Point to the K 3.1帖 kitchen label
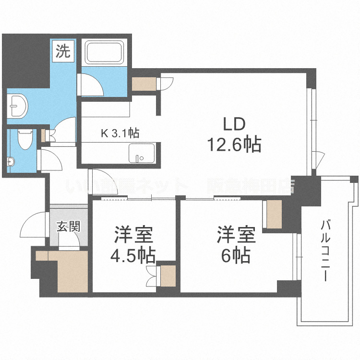tap(120, 134)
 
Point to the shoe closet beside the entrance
tap(70, 271)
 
